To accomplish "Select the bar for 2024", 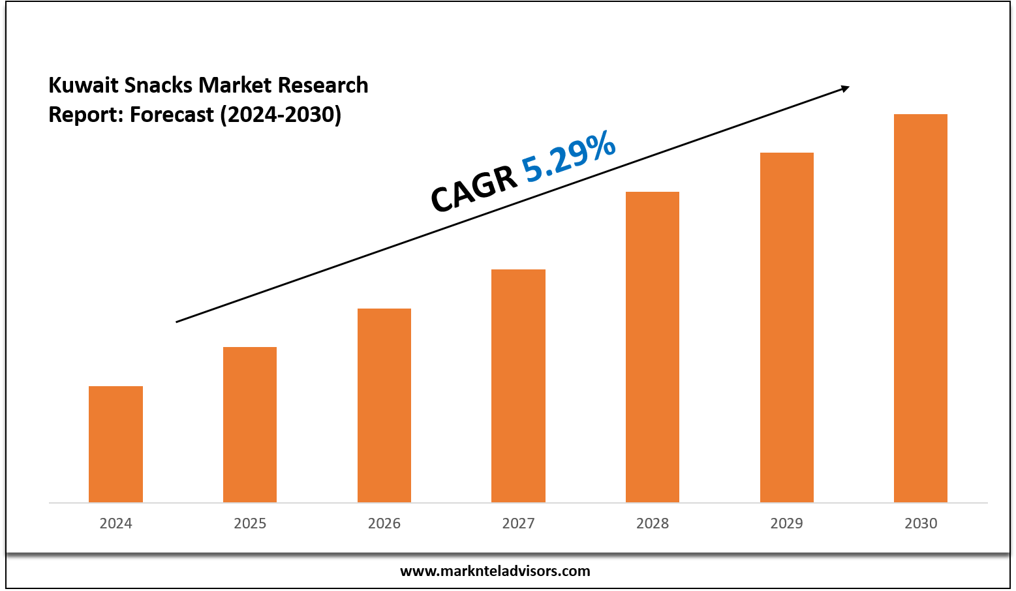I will pos(115,444).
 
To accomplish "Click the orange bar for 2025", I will pos(250,424).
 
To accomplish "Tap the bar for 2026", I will pos(384,404).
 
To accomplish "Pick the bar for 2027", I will pos(518,385).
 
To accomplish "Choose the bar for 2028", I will pos(653,346).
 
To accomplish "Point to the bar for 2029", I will pos(787,327).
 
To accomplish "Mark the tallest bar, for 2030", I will pos(921,307).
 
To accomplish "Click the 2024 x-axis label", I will pos(115,523).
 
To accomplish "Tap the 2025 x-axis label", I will pos(250,523).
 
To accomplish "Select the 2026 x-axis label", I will pos(384,523).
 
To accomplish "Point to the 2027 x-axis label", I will pos(518,523).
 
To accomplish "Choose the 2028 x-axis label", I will pos(653,523).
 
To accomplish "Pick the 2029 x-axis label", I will pos(787,523).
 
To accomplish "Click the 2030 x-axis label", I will pos(921,523).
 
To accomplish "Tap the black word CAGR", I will pos(474,190).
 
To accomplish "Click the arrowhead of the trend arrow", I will pos(845,88).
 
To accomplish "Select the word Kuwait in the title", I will pos(83,85).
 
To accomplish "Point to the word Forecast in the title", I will pos(172,115).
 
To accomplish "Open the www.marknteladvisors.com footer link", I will pos(495,571).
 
